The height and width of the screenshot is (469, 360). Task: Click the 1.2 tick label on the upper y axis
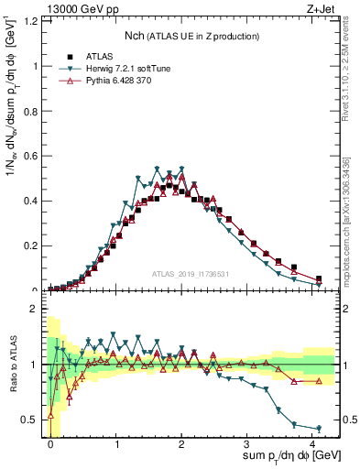30,21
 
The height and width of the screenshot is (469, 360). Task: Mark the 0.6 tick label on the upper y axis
30,156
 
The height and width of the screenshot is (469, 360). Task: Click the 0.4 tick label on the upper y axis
30,201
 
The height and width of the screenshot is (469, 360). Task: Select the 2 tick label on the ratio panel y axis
35,309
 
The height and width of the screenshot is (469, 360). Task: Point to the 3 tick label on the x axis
247,444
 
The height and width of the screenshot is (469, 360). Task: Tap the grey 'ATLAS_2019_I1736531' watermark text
191,275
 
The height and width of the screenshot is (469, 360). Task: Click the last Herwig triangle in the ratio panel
319,429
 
